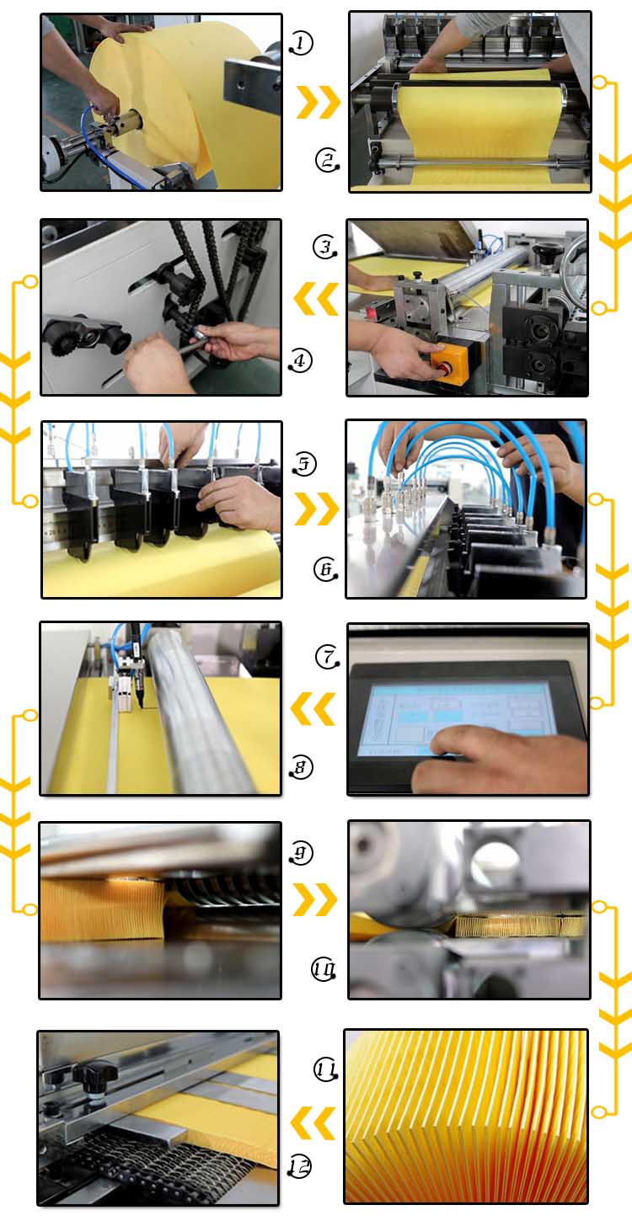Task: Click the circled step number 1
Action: (301, 43)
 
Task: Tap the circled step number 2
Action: (327, 159)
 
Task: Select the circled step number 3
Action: (324, 247)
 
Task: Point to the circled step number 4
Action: (300, 361)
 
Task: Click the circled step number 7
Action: (328, 655)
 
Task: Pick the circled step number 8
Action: (301, 767)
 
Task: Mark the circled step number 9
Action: (301, 853)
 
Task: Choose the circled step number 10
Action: (324, 969)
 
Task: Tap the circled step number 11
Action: (326, 1070)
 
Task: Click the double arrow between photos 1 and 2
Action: (319, 102)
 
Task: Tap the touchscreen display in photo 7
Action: (455, 717)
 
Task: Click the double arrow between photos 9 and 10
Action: (315, 899)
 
